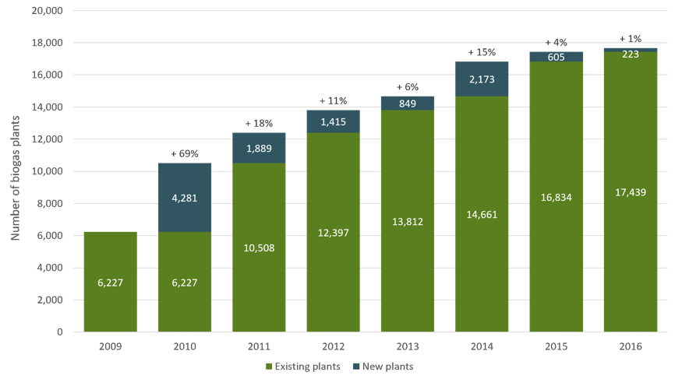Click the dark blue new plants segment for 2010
pos(185,198)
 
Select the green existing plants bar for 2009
pos(110,282)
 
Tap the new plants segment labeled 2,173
pos(482,79)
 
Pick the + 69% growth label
pos(185,154)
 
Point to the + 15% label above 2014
pos(482,52)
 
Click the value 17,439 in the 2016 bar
pos(631,192)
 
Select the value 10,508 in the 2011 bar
pos(259,248)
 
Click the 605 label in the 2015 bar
pos(557,57)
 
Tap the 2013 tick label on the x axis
pos(408,346)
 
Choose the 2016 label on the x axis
pos(631,346)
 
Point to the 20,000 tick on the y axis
pos(47,10)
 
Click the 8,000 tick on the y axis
pos(50,203)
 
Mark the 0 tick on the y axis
pos(60,332)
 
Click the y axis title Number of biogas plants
pos(16,178)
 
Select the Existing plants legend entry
pos(303,367)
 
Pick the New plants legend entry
pos(383,367)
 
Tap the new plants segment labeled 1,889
pos(259,148)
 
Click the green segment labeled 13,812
pos(408,221)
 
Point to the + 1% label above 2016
pos(631,39)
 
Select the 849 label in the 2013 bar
pos(408,104)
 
